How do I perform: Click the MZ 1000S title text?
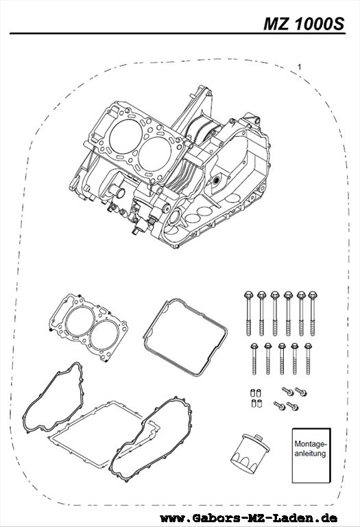[x=304, y=24]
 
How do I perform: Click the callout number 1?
[x=299, y=67]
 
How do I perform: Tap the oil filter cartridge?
[x=250, y=454]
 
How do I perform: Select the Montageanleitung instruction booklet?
[x=311, y=456]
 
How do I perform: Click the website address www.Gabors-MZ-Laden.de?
[x=249, y=517]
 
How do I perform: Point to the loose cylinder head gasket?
[x=88, y=328]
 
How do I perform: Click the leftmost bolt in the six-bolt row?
[x=248, y=314]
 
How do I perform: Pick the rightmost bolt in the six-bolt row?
[x=313, y=314]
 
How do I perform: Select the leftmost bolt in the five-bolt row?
[x=254, y=359]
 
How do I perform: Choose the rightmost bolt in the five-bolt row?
[x=308, y=359]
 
